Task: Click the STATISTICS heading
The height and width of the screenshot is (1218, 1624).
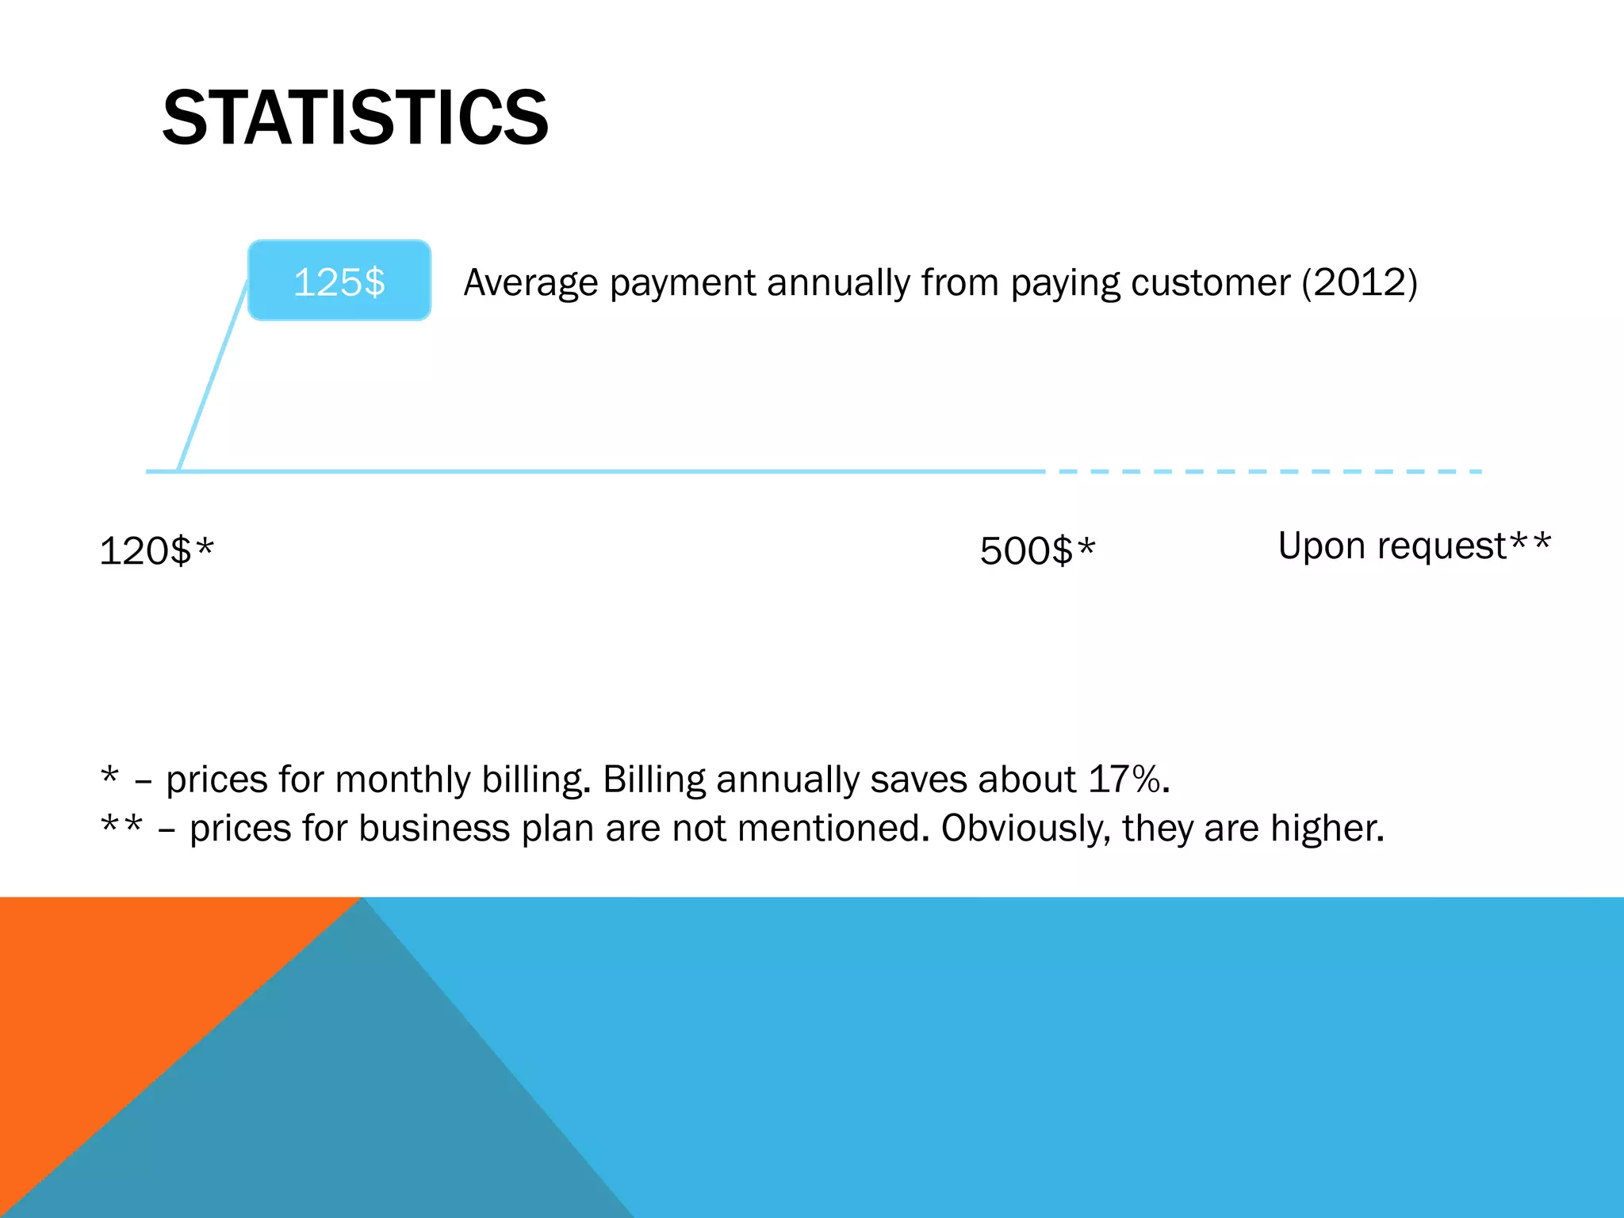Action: (x=354, y=118)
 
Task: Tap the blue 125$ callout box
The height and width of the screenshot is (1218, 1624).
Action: (x=339, y=281)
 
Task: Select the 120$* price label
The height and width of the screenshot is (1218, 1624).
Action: (x=156, y=550)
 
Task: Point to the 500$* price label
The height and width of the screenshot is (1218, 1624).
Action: (x=1036, y=550)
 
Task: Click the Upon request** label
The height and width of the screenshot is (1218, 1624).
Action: (x=1414, y=546)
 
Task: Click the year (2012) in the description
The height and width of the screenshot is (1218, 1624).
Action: (x=1359, y=282)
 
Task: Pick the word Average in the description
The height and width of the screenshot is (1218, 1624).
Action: (x=530, y=282)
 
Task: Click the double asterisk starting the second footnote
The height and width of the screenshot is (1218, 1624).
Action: (x=121, y=825)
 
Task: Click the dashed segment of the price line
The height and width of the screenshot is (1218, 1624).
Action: (x=1269, y=472)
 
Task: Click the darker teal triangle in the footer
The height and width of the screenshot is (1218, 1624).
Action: (x=357, y=1110)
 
